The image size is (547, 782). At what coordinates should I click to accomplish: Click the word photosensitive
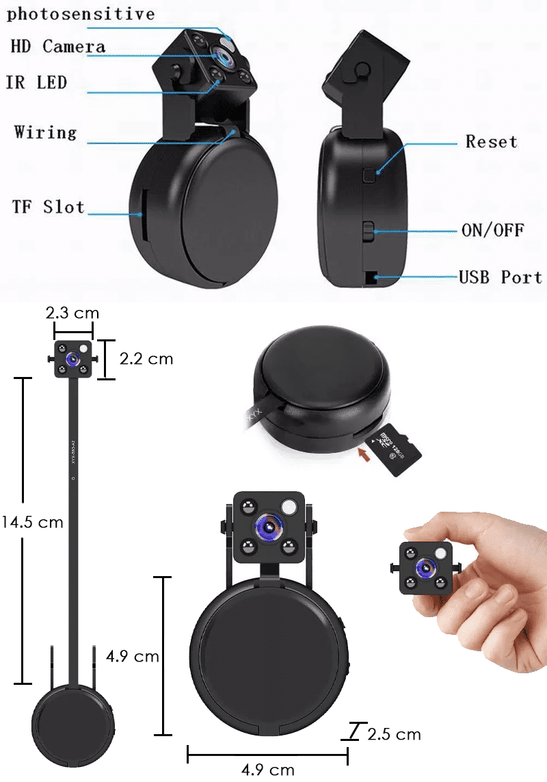[x=81, y=14]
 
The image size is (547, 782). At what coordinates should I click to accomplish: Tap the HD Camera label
[x=58, y=47]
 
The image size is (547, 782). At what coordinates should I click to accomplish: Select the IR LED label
[x=36, y=83]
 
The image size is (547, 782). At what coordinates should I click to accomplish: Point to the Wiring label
[x=45, y=131]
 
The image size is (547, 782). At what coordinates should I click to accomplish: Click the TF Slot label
[x=48, y=207]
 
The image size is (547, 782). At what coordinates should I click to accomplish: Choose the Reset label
[x=491, y=142]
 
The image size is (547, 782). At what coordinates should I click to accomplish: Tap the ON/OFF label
[x=492, y=230]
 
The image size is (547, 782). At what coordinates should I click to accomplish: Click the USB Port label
[x=500, y=277]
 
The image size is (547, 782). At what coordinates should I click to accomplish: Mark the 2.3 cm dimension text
[x=72, y=313]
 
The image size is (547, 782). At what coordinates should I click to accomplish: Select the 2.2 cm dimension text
[x=146, y=359]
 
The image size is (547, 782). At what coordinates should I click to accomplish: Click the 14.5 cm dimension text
[x=31, y=522]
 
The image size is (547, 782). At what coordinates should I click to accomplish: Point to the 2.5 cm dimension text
[x=394, y=735]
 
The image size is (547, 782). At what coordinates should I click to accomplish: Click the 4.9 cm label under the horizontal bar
[x=268, y=770]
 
